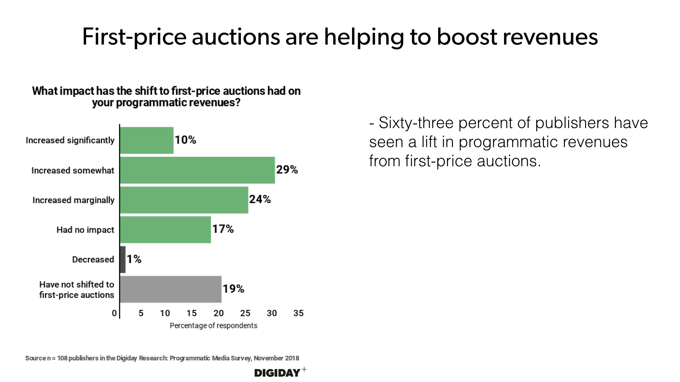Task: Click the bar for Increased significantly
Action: (147, 140)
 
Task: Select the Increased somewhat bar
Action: (197, 170)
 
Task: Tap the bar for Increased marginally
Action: (184, 200)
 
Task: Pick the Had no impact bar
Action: (165, 230)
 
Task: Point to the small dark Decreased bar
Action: (123, 259)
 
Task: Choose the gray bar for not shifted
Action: (171, 289)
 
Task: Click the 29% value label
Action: (287, 170)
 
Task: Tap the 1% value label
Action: (134, 259)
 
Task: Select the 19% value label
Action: (233, 289)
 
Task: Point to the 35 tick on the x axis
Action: (299, 313)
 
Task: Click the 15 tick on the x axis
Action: (192, 313)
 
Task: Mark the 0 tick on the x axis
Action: (114, 313)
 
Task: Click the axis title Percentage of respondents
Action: (214, 325)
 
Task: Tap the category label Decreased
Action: (93, 259)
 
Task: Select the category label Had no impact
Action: (85, 230)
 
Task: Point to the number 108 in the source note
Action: (62, 358)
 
